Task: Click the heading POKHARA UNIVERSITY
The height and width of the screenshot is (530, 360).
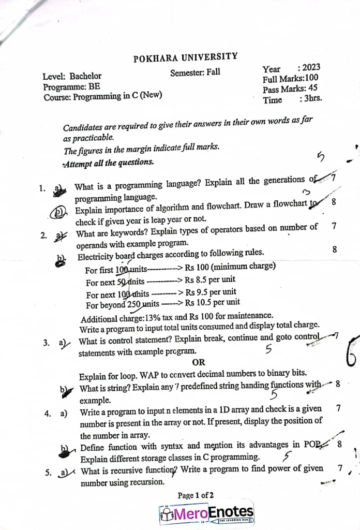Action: click(186, 57)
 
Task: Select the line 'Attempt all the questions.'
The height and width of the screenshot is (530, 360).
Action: click(108, 162)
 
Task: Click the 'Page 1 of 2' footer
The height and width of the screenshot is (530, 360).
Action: click(196, 495)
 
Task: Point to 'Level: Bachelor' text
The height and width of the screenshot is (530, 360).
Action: click(72, 76)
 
